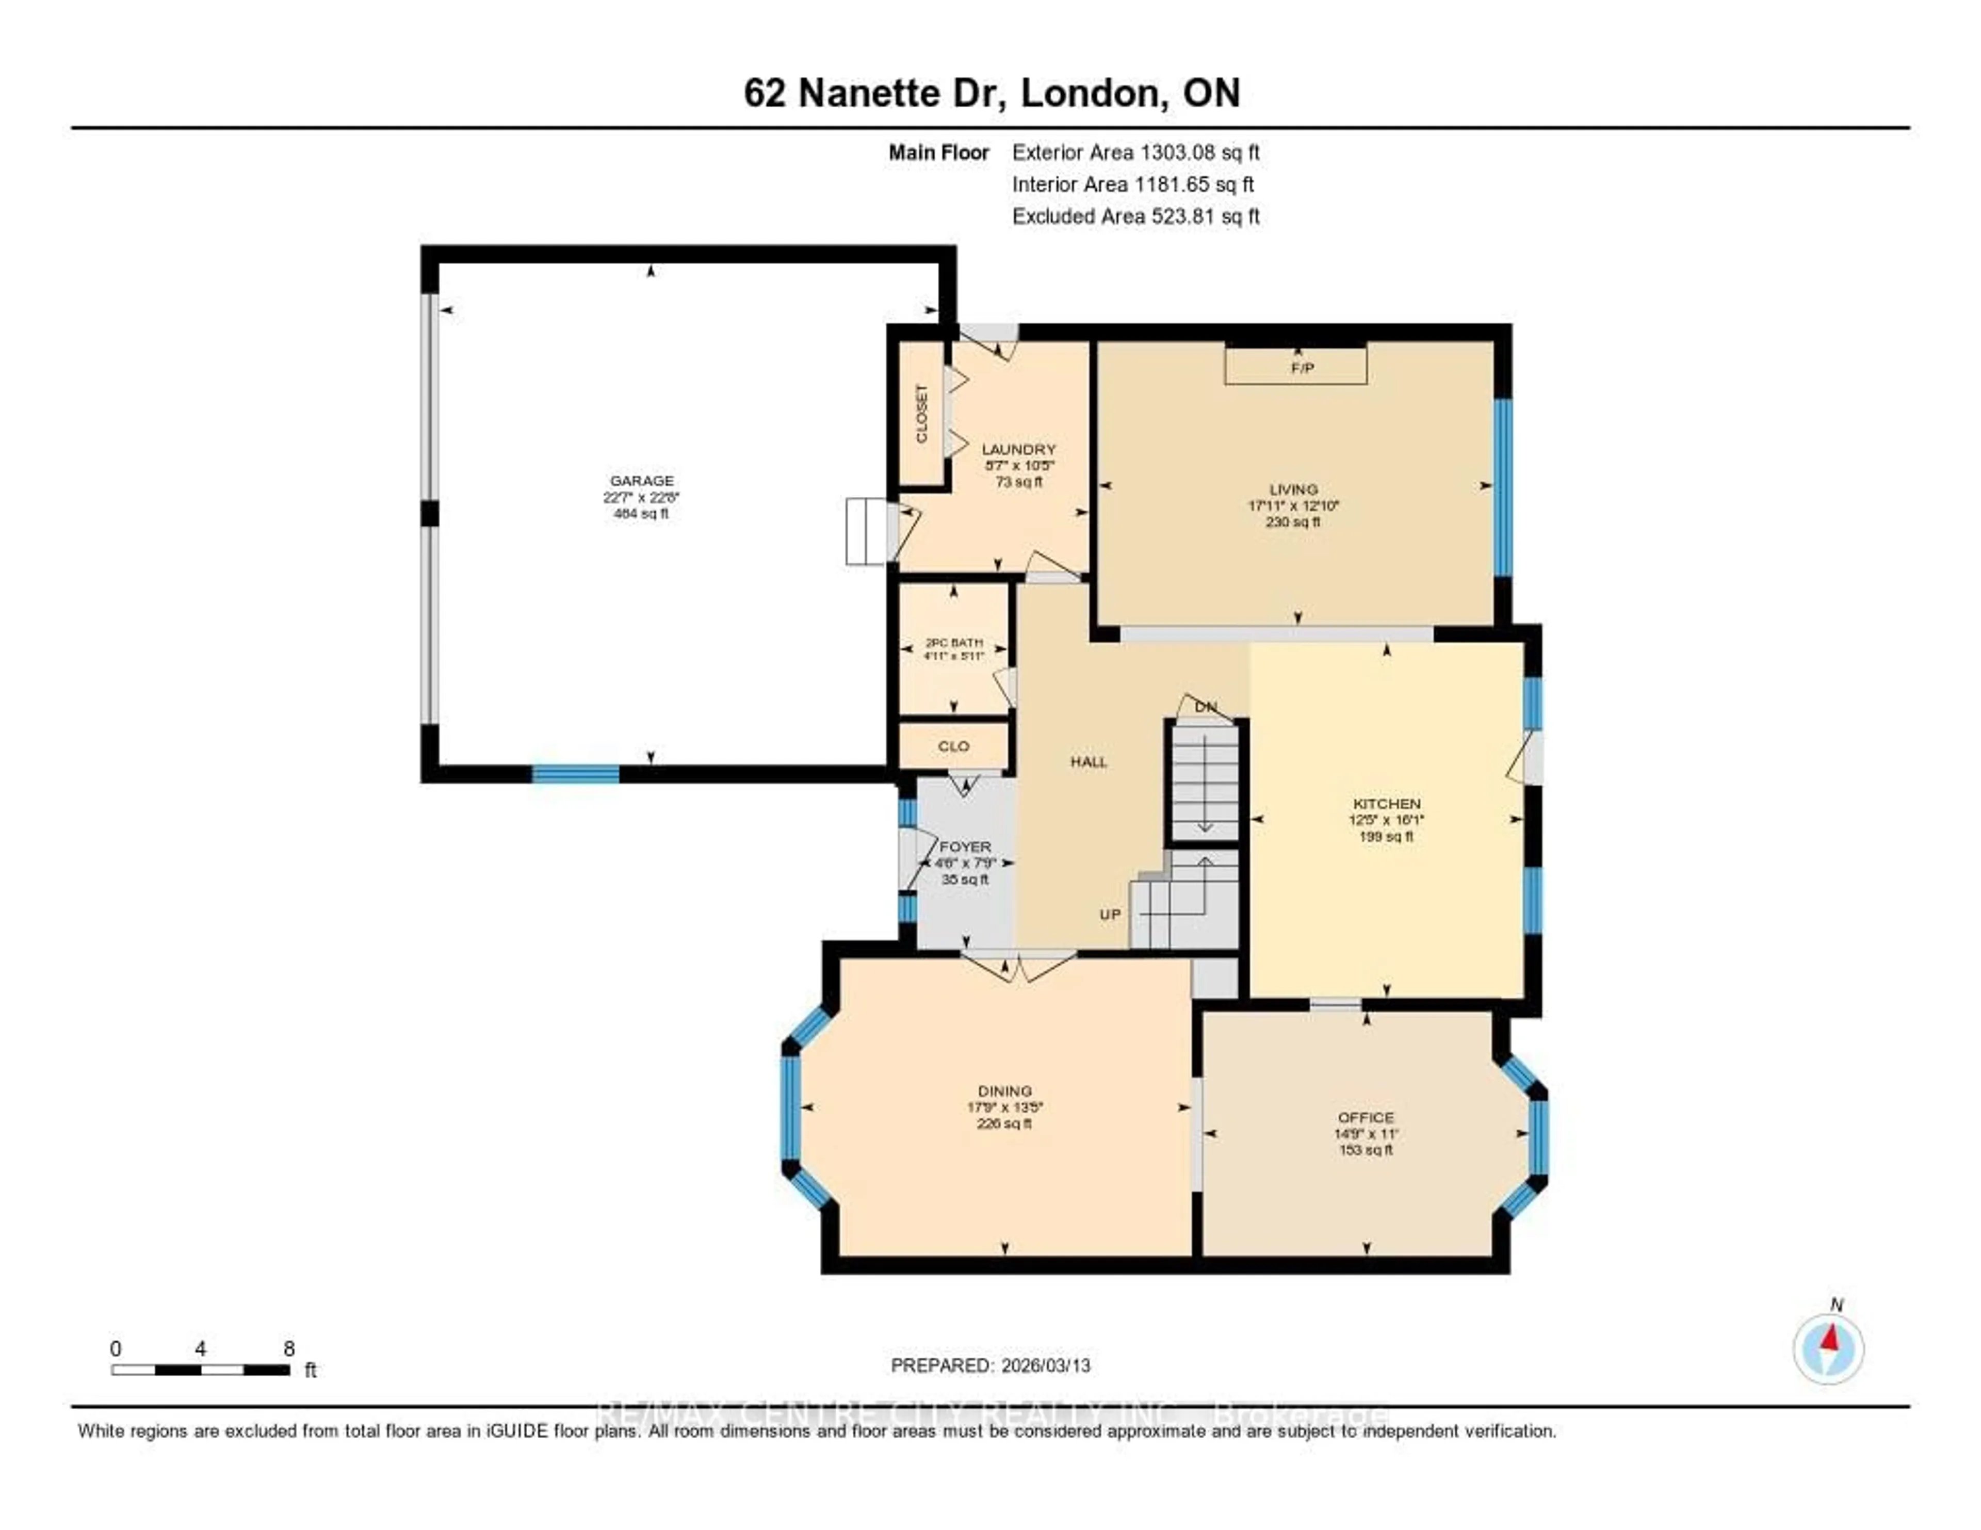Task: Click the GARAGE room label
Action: click(x=641, y=481)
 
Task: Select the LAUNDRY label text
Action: click(x=1019, y=449)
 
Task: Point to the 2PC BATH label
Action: click(x=953, y=642)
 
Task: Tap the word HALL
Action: click(x=1089, y=762)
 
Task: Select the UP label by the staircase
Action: click(x=1110, y=914)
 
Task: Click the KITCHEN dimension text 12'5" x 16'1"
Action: click(x=1386, y=820)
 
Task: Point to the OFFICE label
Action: click(x=1365, y=1117)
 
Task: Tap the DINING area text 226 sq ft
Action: click(x=1004, y=1124)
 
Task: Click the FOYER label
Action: click(x=965, y=846)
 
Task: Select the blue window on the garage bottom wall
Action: click(x=575, y=774)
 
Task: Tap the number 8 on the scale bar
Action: click(x=288, y=1348)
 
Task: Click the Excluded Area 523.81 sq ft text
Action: click(x=1135, y=216)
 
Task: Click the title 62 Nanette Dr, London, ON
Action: click(x=992, y=93)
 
